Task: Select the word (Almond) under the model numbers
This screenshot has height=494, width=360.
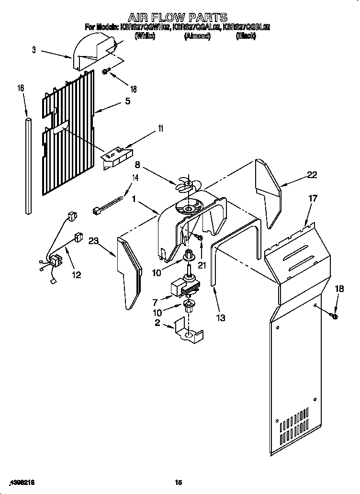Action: pyautogui.click(x=197, y=36)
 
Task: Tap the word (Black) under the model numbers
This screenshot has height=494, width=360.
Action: pyautogui.click(x=246, y=36)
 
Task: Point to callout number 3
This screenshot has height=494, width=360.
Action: pyautogui.click(x=34, y=49)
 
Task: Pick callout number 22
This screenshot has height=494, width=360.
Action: pyautogui.click(x=312, y=175)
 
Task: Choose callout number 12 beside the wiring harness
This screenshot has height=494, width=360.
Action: pyautogui.click(x=76, y=275)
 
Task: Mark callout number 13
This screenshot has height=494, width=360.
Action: pyautogui.click(x=221, y=317)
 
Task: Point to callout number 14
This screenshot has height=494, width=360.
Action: pyautogui.click(x=135, y=178)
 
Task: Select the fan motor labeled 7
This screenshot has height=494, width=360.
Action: pyautogui.click(x=184, y=288)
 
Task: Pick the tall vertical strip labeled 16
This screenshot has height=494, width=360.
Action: pyautogui.click(x=28, y=163)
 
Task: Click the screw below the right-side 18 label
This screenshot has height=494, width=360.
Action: pyautogui.click(x=334, y=316)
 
